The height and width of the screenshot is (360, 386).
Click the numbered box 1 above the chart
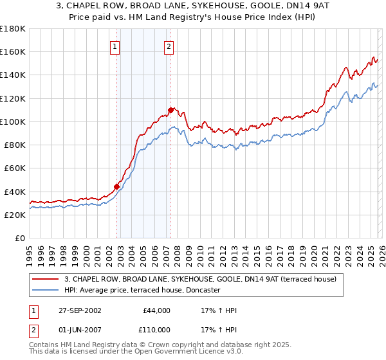115,46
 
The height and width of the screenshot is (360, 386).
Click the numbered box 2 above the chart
169,46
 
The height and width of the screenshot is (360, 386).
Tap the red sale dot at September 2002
117,187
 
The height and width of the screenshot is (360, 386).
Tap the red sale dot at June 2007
170,110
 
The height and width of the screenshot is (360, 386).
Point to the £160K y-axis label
13,51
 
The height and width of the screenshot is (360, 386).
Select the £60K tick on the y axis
15,168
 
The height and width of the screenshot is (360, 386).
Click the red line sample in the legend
46,280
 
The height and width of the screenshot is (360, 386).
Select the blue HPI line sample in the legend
46,290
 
